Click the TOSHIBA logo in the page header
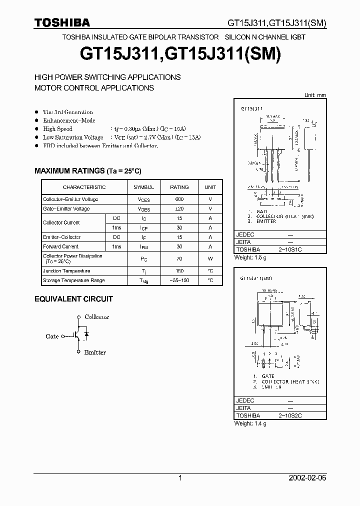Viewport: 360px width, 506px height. [x=62, y=22]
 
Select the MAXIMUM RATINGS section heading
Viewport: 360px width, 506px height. [x=88, y=171]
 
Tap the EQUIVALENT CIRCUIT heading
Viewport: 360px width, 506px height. [x=73, y=299]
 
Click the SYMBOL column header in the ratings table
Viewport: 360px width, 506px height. [x=143, y=187]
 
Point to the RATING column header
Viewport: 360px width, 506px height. [x=179, y=187]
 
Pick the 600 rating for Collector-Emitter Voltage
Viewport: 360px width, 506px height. [x=179, y=199]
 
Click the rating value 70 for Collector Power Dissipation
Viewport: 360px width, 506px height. [x=179, y=259]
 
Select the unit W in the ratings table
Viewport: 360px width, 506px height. [x=210, y=259]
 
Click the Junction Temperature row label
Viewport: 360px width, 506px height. [x=66, y=271]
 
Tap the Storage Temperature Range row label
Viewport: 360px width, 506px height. [x=73, y=280]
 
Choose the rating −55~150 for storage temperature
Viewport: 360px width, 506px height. [x=179, y=280]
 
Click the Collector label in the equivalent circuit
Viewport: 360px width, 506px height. [x=96, y=317]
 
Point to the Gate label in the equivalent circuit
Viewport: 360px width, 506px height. [x=52, y=336]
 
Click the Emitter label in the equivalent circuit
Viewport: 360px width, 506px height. [x=95, y=352]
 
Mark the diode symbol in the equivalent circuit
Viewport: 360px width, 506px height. [x=86, y=334]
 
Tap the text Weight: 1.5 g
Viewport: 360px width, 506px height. [x=250, y=257]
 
